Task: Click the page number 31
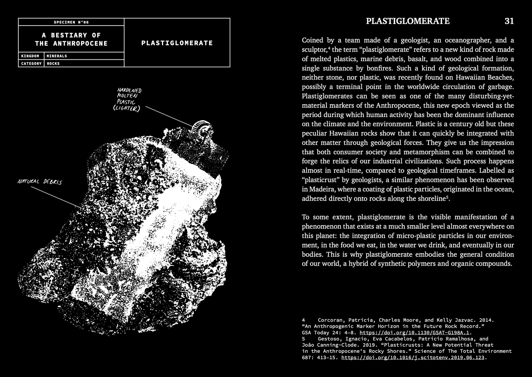tap(509, 21)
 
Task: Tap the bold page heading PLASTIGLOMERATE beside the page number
tap(408, 21)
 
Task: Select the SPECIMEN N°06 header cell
tap(71, 22)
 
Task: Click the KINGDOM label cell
tap(30, 56)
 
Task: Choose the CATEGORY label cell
tap(31, 64)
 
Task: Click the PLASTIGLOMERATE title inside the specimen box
tap(177, 43)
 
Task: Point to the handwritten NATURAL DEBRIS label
tap(40, 182)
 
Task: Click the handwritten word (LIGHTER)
tap(126, 109)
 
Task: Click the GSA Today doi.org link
tap(414, 333)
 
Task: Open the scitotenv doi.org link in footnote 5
tap(413, 357)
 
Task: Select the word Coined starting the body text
tap(312, 40)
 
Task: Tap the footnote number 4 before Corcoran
tap(304, 320)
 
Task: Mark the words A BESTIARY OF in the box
tap(71, 35)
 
